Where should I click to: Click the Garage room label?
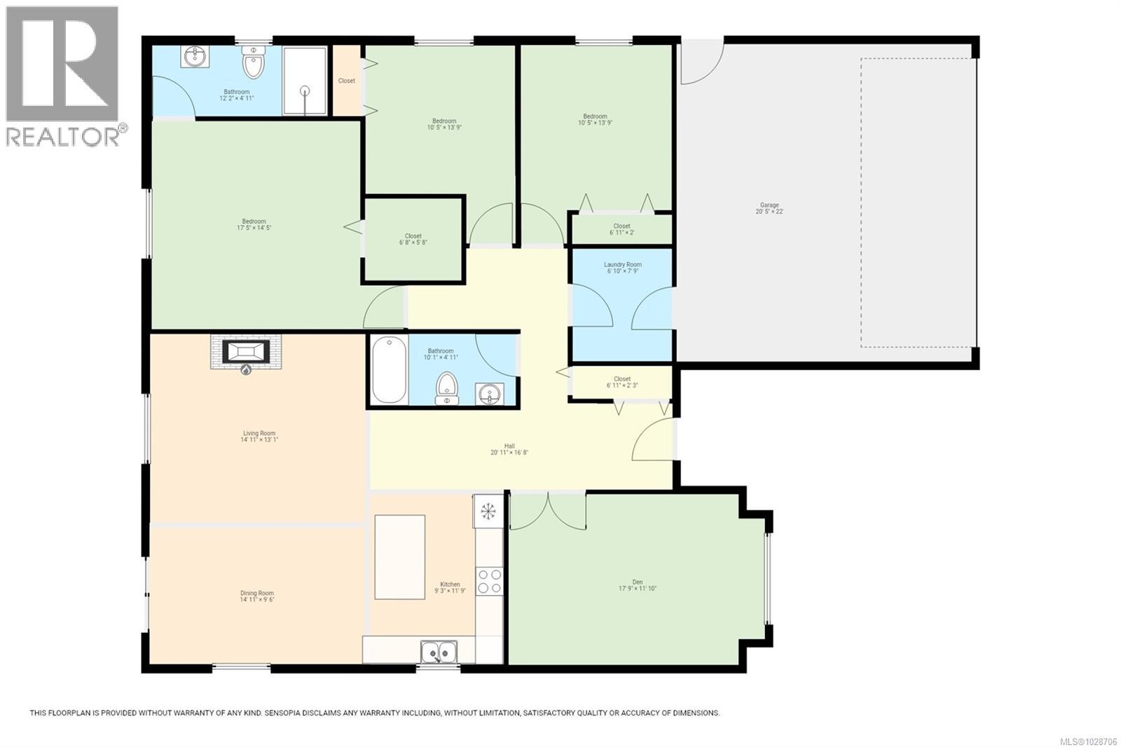pos(769,205)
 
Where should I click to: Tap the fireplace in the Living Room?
pos(245,352)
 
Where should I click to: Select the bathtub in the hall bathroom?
pos(389,369)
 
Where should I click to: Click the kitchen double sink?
pos(439,652)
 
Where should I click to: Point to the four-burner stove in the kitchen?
pos(489,581)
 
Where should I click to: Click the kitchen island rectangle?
pos(399,557)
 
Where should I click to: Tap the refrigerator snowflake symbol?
pos(488,511)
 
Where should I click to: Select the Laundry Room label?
pos(622,265)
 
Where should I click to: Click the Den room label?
pos(637,582)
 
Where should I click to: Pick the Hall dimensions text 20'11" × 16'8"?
pos(509,453)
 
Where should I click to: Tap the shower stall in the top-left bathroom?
pos(305,81)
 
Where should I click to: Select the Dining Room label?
pos(256,594)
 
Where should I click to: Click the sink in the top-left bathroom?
pos(194,57)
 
